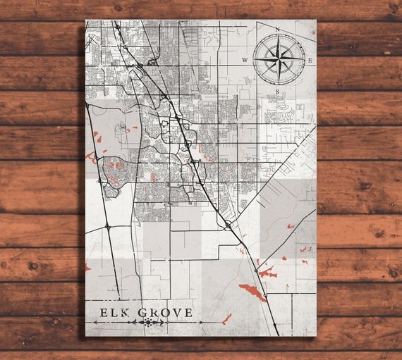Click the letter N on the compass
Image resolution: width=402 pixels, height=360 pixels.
click(278, 30)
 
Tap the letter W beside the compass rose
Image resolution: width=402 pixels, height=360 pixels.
click(245, 61)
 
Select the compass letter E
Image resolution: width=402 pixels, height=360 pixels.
click(310, 61)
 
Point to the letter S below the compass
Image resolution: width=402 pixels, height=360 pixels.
click(278, 92)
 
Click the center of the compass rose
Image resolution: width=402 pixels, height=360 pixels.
click(278, 60)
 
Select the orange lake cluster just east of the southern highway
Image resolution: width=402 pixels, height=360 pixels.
click(268, 269)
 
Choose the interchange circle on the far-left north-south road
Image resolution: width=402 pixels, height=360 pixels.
click(106, 227)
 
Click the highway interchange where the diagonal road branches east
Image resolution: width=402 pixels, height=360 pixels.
click(230, 226)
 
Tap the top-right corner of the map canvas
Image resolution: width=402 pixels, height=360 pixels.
click(316, 20)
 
